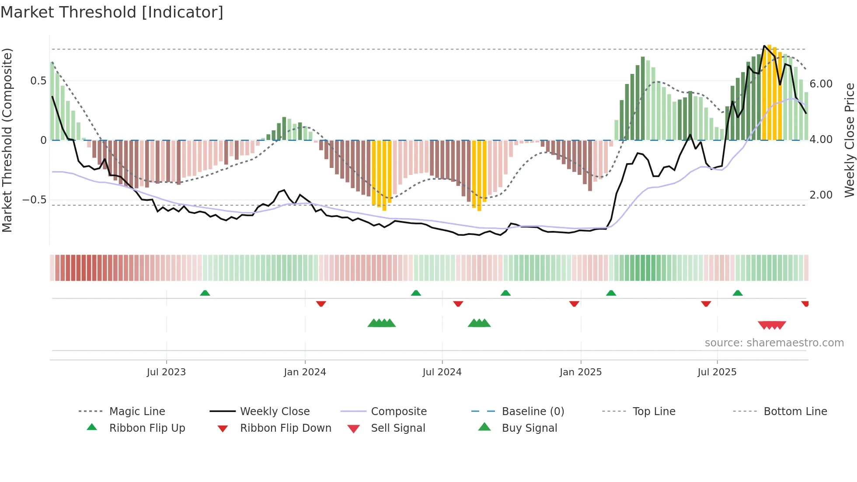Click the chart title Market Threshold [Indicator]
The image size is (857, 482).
[x=112, y=12]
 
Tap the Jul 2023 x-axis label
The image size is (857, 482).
[x=166, y=372]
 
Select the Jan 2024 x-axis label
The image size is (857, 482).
[x=305, y=372]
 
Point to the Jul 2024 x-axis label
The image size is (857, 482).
[x=442, y=372]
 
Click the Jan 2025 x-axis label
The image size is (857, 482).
[x=581, y=372]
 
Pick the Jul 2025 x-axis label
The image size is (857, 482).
[x=717, y=372]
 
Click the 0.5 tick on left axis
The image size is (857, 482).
[x=38, y=81]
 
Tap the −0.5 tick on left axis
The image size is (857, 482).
[x=35, y=200]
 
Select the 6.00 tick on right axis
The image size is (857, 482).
[x=821, y=84]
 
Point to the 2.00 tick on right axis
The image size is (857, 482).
[x=821, y=195]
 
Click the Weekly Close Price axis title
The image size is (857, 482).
[x=849, y=140]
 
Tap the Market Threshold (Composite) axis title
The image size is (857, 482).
[x=7, y=140]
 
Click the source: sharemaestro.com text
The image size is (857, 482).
[x=774, y=343]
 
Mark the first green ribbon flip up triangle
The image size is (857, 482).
[x=205, y=293]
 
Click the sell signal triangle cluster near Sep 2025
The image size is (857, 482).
[x=772, y=325]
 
